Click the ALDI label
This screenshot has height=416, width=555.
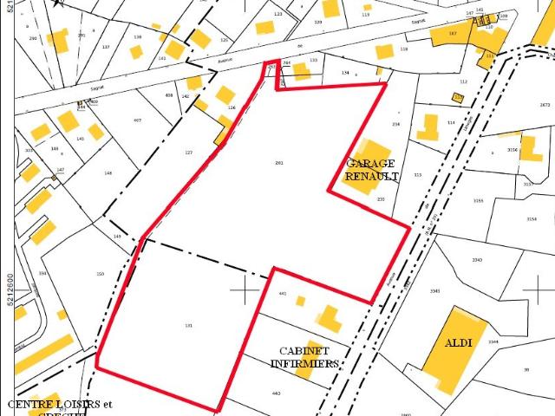pyautogui.click(x=459, y=343)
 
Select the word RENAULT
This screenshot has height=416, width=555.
pyautogui.click(x=372, y=176)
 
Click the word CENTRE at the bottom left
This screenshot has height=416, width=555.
pyautogui.click(x=25, y=405)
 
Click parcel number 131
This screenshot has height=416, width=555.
pyautogui.click(x=188, y=326)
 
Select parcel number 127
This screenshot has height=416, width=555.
pyautogui.click(x=188, y=153)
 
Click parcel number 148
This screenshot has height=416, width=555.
pyautogui.click(x=108, y=173)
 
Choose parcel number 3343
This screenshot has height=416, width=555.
pyautogui.click(x=477, y=260)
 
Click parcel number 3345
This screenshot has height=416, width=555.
pyautogui.click(x=435, y=290)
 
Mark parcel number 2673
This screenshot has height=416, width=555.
pyautogui.click(x=545, y=105)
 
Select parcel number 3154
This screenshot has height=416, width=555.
pyautogui.click(x=532, y=219)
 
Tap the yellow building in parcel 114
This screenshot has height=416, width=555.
pyautogui.click(x=428, y=127)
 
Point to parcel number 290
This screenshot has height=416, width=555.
pyautogui.click(x=33, y=38)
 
